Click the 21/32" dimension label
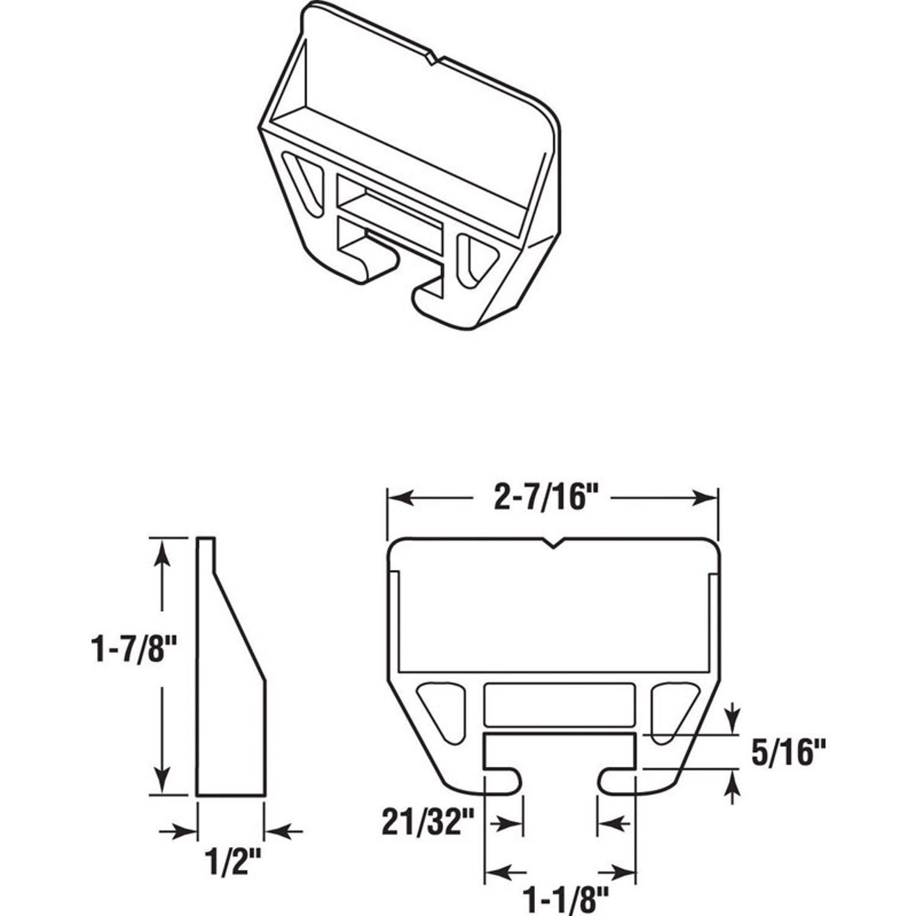(x=427, y=823)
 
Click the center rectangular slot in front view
(x=559, y=703)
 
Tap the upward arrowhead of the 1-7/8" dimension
(x=162, y=550)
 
